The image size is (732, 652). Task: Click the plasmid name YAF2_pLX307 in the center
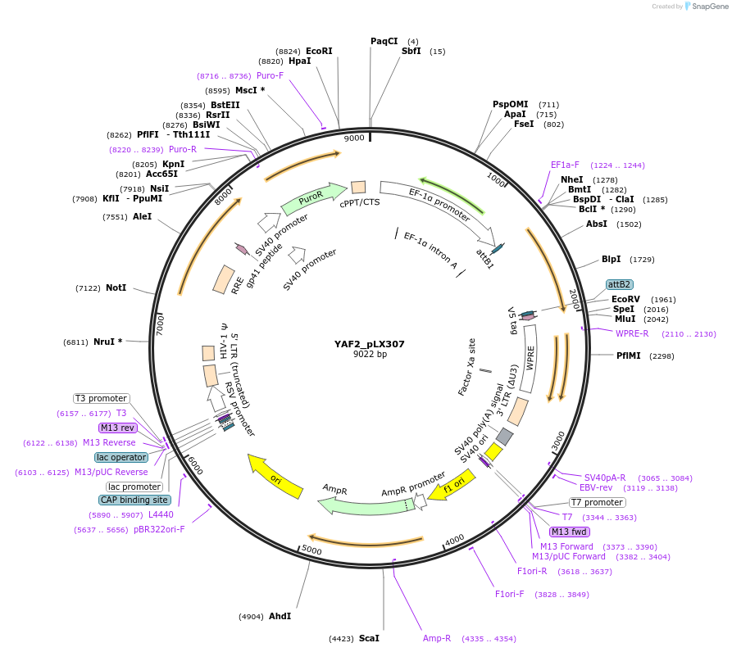click(369, 344)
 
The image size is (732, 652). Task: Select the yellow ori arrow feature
click(275, 479)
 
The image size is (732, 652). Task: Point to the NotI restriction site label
click(116, 288)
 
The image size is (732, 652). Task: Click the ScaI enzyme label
click(369, 637)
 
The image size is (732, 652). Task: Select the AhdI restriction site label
click(280, 616)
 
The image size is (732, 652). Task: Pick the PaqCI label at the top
click(384, 41)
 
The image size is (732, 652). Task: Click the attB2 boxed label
click(619, 284)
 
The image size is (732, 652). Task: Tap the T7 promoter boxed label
click(598, 502)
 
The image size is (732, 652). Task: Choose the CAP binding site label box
click(135, 500)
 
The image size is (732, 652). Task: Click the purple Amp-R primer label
click(437, 638)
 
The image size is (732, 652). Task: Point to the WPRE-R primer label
click(632, 333)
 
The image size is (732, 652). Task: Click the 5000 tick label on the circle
click(311, 549)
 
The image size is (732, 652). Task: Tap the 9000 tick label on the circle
click(354, 138)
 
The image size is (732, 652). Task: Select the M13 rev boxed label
click(116, 428)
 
